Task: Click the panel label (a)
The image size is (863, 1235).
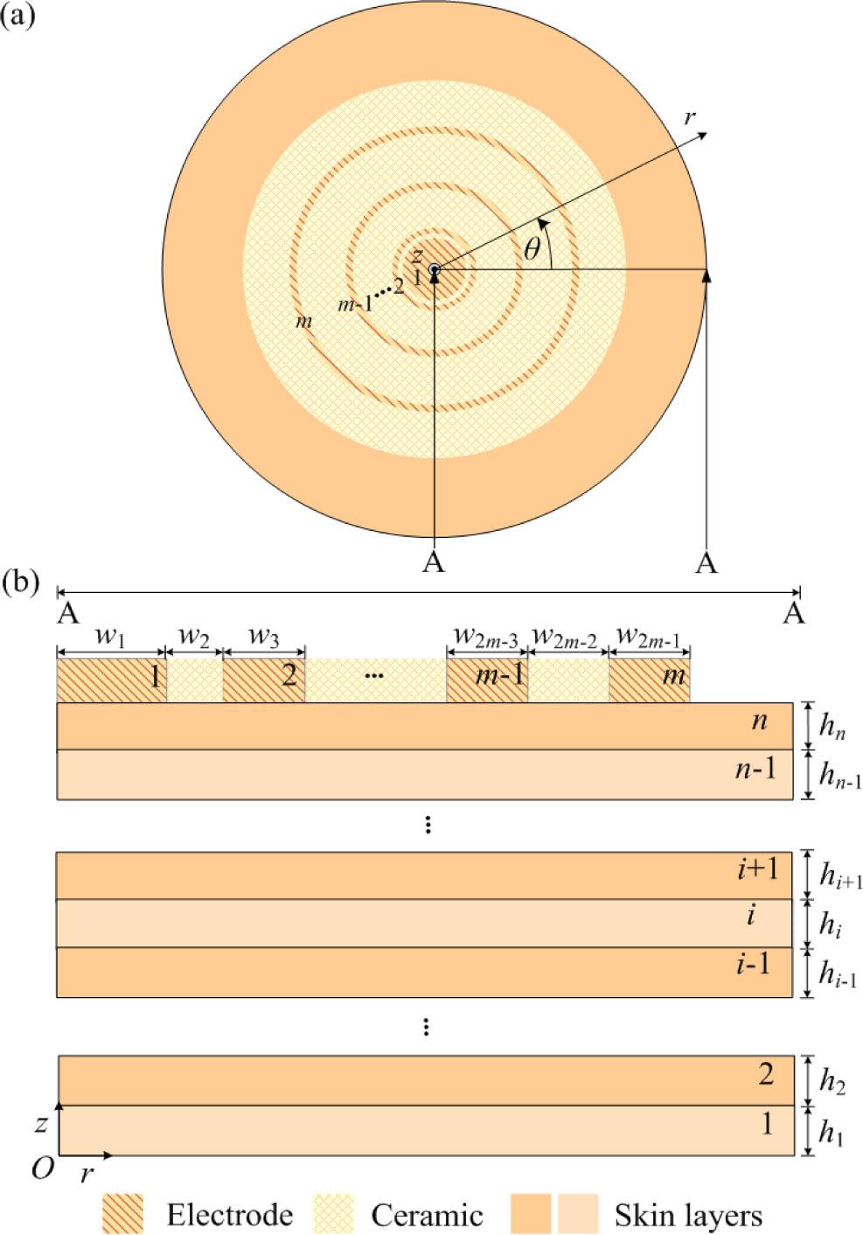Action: pos(18,15)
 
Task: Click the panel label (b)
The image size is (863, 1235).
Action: pos(20,582)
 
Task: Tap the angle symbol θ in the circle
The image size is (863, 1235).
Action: pos(532,250)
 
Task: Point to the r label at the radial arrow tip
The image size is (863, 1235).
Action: pos(690,117)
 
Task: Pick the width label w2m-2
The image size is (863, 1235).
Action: pos(565,638)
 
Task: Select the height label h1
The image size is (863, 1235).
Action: pos(831,1133)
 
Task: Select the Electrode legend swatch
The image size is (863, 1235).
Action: pos(122,1214)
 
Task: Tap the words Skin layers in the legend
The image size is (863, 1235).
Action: pos(687,1215)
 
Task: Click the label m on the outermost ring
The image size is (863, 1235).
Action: pos(303,322)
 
